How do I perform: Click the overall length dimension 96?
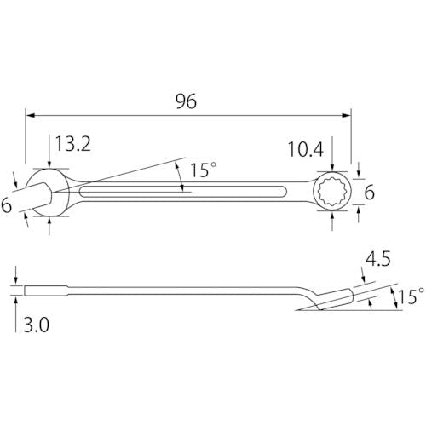pos(186,101)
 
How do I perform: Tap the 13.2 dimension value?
pos(73,144)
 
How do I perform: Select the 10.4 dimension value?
pos(306,149)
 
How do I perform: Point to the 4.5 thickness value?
pos(377,259)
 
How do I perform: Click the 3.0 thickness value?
pos(36,325)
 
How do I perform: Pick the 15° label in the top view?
pos(203,170)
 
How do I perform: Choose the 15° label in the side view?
pos(412,296)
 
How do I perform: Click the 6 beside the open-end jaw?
pos(6,205)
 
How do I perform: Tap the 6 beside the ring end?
pos(369,193)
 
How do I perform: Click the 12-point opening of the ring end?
pos(333,191)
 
